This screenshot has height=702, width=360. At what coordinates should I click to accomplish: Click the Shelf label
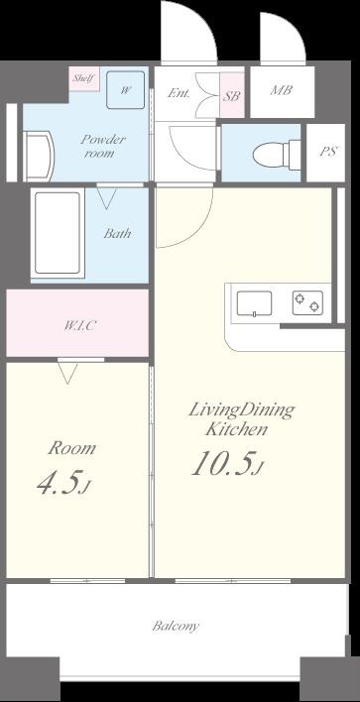(x=83, y=78)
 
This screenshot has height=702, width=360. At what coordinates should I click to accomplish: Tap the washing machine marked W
(x=125, y=90)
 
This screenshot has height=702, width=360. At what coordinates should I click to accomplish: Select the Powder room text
(x=103, y=147)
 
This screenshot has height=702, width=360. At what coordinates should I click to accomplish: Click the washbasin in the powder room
(x=39, y=157)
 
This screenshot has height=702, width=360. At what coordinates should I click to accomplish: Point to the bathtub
(x=58, y=233)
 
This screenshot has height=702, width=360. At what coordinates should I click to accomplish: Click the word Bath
(x=118, y=233)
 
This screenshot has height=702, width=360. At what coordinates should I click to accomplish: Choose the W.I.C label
(x=79, y=325)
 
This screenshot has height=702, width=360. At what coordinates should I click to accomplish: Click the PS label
(x=328, y=152)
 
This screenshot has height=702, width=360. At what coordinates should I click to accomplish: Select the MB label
(x=282, y=90)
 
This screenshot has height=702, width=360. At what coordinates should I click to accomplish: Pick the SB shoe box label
(x=232, y=96)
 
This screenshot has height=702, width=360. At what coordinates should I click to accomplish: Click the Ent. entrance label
(x=180, y=93)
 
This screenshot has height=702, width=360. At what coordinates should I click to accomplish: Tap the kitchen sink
(x=254, y=304)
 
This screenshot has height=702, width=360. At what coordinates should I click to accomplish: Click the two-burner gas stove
(x=308, y=302)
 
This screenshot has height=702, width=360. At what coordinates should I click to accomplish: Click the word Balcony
(x=176, y=626)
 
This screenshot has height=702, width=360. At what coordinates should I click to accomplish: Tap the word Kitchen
(x=236, y=429)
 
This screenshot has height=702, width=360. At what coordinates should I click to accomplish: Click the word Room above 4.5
(x=71, y=448)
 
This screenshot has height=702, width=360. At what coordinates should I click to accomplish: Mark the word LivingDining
(x=242, y=410)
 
